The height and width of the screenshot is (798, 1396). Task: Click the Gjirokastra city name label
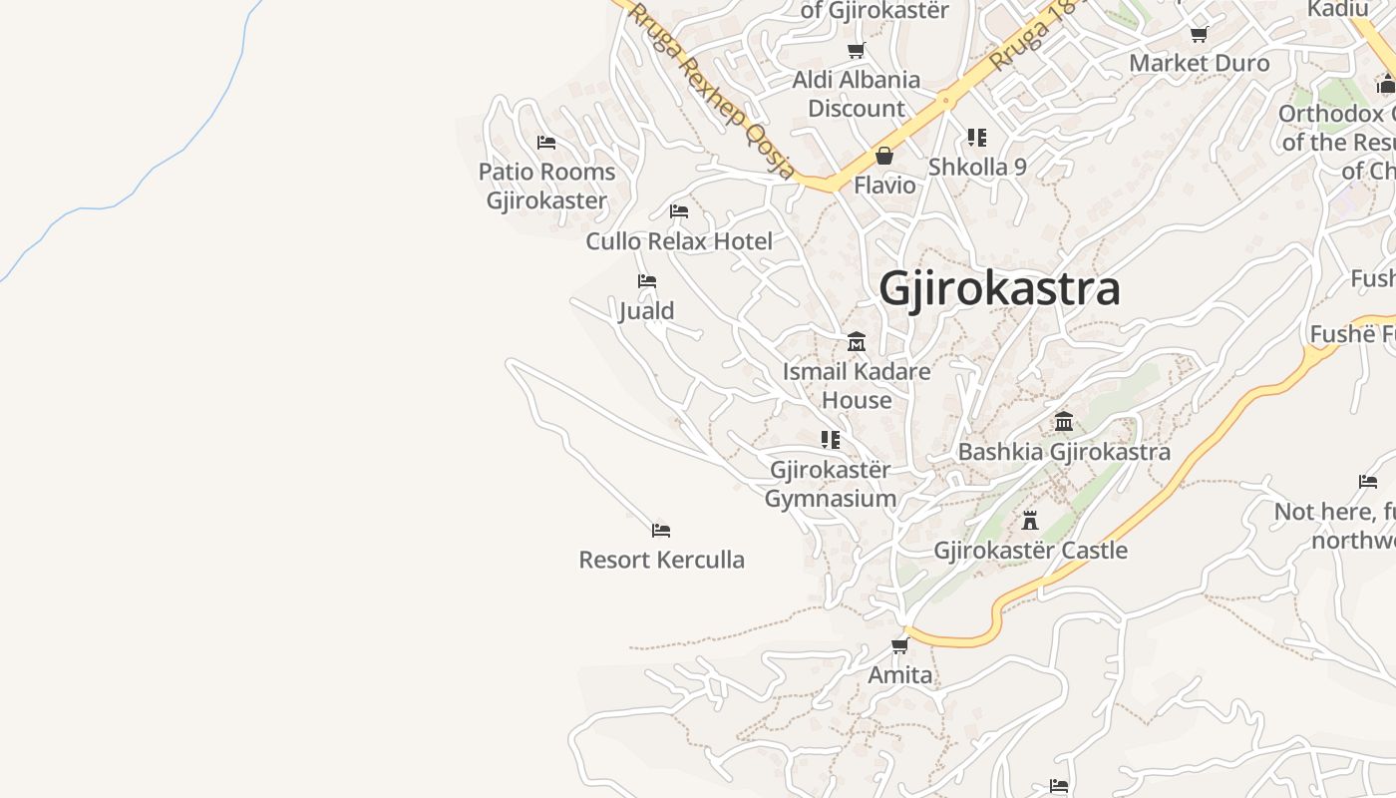tap(999, 289)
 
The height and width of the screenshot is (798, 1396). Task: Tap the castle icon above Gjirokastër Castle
tap(1030, 521)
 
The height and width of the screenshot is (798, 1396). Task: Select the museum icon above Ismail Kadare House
tap(856, 342)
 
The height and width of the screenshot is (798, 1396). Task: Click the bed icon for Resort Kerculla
tap(660, 530)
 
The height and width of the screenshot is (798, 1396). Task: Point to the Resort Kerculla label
tap(661, 560)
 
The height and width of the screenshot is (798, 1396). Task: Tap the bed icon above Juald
tap(647, 281)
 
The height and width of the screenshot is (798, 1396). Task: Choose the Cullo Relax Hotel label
tap(679, 241)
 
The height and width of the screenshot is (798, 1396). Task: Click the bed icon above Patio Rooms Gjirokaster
tap(546, 142)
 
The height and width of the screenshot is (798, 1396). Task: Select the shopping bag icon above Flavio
tap(883, 156)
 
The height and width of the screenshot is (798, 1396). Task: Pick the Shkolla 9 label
tap(977, 167)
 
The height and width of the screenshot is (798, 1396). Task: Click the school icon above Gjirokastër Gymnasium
tap(830, 439)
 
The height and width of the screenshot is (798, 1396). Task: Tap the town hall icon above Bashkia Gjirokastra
tap(1064, 421)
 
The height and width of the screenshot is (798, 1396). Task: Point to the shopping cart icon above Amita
tap(899, 645)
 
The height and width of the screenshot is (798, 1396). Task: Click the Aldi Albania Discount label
tap(856, 94)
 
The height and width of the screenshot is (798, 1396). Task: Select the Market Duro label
tap(1199, 63)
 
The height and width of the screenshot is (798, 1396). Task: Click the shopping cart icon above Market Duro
tap(1199, 35)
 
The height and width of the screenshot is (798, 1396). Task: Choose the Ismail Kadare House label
tap(856, 386)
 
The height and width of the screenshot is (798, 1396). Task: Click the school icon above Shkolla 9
tap(976, 137)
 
